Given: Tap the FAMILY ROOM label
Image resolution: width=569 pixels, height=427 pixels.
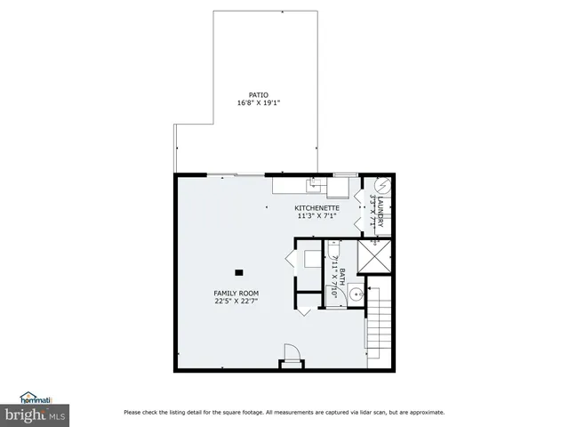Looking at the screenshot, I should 236,293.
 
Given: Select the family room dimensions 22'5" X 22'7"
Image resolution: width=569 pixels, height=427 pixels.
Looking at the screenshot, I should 236,301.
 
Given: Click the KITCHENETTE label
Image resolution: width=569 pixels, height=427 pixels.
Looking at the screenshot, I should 317,208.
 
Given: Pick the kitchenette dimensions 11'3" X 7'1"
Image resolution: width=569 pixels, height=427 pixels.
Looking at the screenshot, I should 317,216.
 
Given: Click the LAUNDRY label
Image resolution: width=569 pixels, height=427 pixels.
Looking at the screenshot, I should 380,212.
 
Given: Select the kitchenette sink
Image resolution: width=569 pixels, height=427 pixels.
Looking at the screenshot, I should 314,185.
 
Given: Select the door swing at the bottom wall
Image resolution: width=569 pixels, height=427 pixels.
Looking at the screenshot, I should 290,352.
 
